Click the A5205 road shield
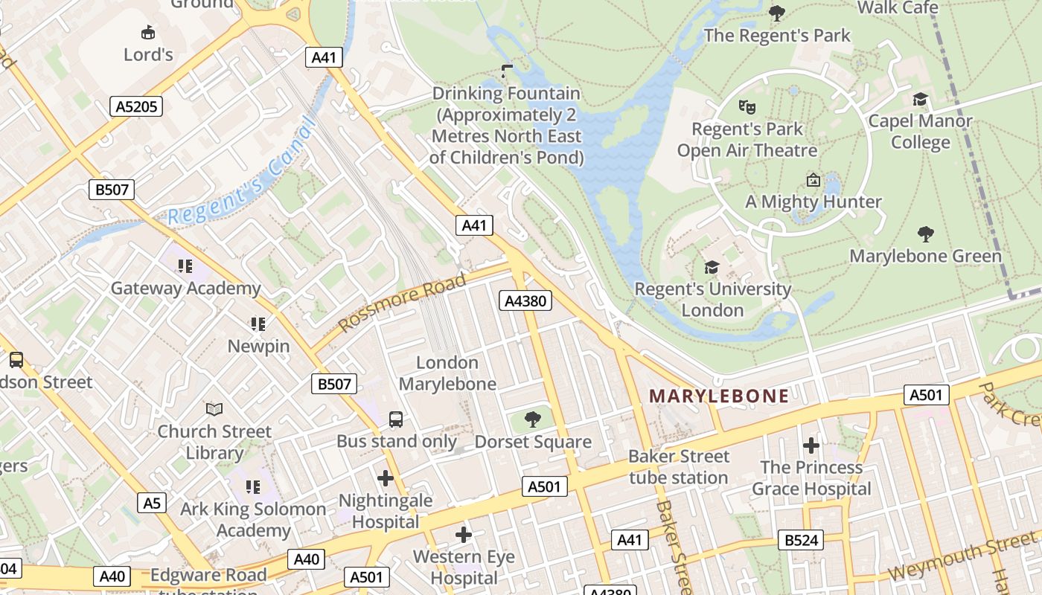pos(136,106)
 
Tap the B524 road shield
pos(801,540)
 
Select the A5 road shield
pos(152,503)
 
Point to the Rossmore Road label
pos(402,303)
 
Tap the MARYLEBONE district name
pos(718,396)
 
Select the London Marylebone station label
pos(447,373)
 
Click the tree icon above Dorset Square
pos(533,419)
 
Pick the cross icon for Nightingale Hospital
pos(386,478)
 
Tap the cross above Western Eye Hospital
pos(464,534)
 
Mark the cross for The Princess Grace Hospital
pos(811,446)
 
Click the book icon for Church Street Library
pos(214,409)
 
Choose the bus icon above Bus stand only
pos(396,419)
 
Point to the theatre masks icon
pos(747,107)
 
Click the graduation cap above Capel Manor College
pos(920,99)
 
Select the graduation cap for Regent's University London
pos(712,266)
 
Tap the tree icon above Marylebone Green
pos(926,234)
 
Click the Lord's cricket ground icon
pos(148,32)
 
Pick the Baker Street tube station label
pos(678,466)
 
